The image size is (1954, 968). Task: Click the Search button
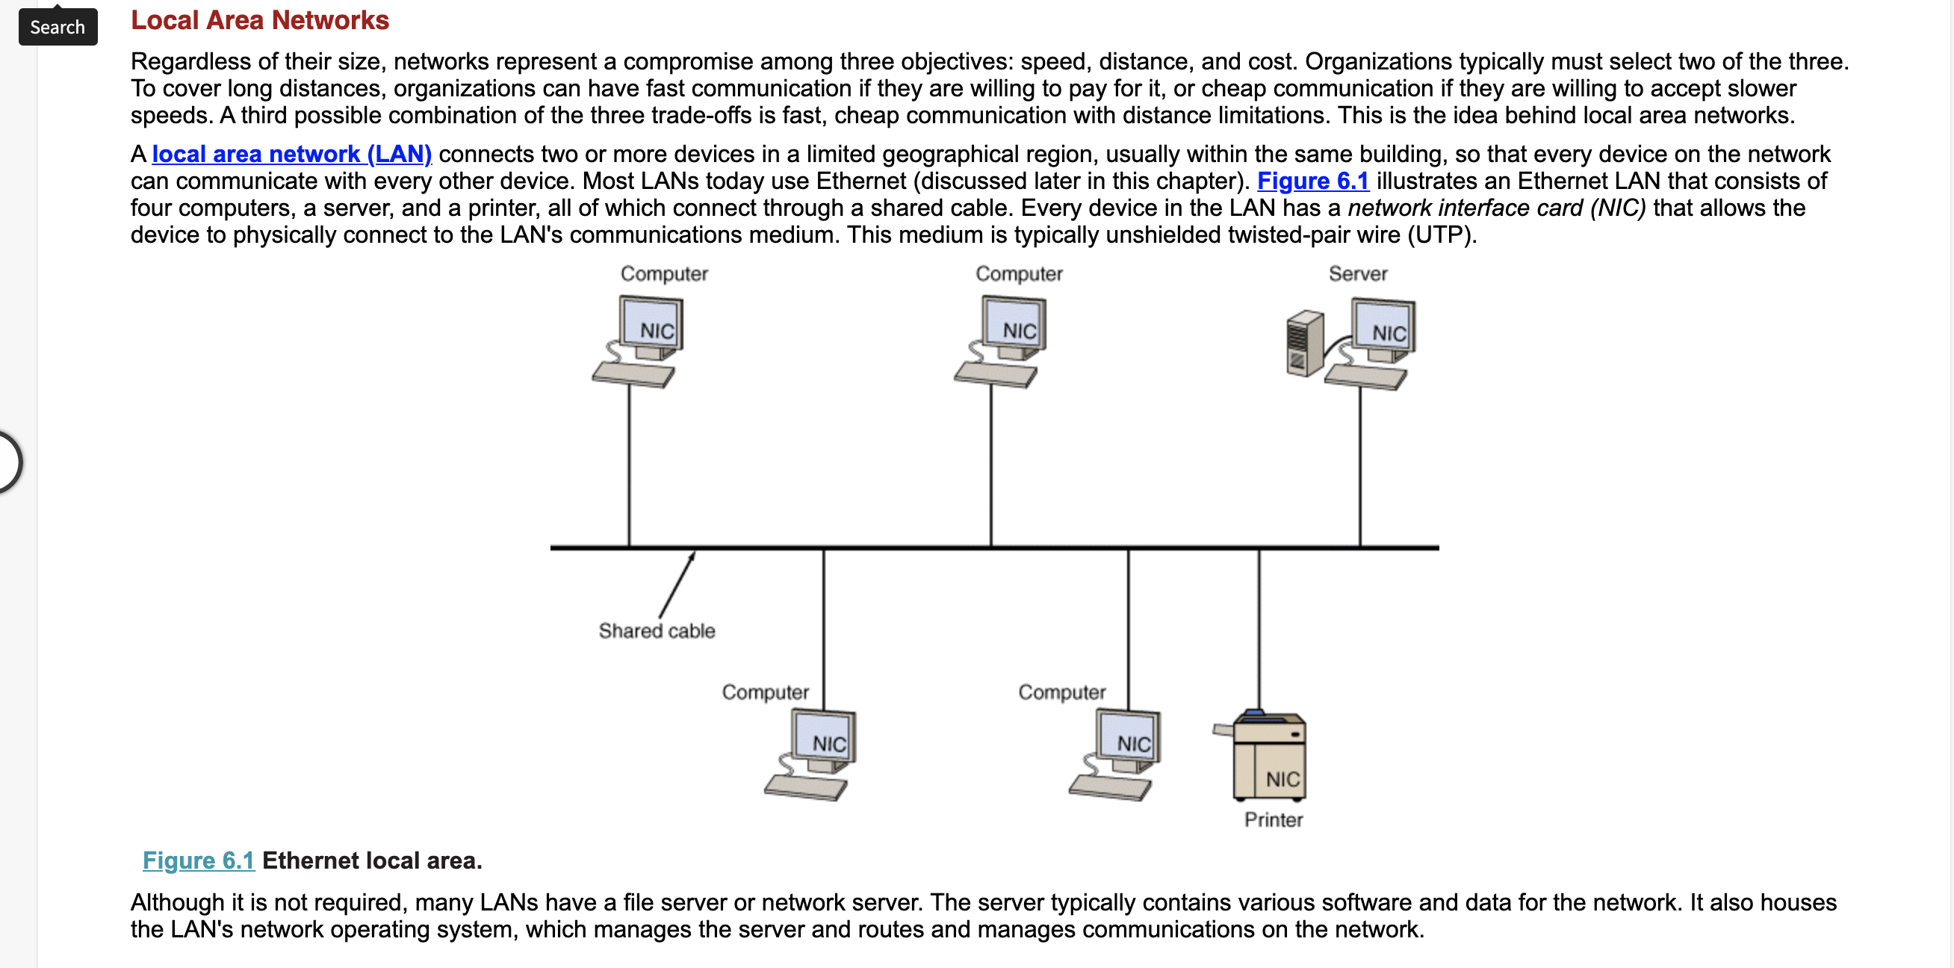pos(58,27)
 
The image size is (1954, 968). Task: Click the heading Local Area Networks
pos(259,19)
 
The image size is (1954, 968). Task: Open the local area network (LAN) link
pos(292,154)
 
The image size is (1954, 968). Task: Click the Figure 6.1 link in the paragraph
pos(1313,181)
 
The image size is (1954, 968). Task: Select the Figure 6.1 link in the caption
pos(199,860)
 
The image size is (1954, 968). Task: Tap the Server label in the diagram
pos(1358,274)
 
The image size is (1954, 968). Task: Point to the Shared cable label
pos(657,630)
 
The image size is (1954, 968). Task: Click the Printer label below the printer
pos(1274,819)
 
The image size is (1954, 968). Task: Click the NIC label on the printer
pos(1282,779)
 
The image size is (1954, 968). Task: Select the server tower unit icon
pos(1305,343)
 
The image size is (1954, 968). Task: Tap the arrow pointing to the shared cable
pos(677,585)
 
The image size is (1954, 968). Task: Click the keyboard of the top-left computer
pos(633,375)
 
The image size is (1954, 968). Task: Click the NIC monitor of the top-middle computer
pos(1014,327)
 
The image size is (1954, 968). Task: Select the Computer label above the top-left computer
pos(664,274)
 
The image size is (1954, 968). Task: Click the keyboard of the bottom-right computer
pos(1110,786)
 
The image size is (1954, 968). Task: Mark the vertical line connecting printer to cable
pos(1259,630)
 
